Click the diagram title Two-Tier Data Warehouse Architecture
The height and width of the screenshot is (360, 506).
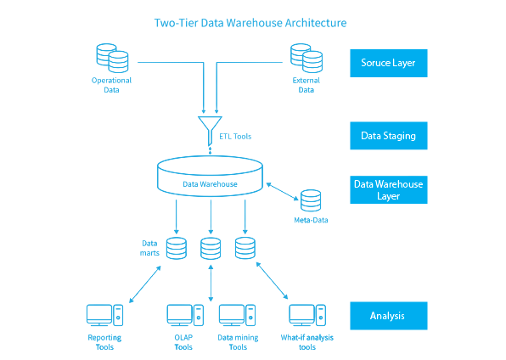[x=250, y=23]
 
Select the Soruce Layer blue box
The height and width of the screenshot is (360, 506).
[x=389, y=64]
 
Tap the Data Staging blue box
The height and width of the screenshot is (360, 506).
[x=389, y=136]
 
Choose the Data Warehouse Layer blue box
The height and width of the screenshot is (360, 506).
[x=389, y=190]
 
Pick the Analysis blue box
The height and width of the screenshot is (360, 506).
[x=389, y=316]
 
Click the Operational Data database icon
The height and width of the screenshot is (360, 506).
[x=112, y=58]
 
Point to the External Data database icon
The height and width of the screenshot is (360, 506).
[x=306, y=58]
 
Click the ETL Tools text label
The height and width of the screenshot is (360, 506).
[x=235, y=137]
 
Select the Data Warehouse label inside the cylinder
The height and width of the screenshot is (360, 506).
[x=210, y=184]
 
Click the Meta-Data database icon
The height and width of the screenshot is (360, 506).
[x=311, y=200]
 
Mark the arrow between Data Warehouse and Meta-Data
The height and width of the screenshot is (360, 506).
[x=282, y=192]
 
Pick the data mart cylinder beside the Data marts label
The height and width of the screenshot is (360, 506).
[x=177, y=248]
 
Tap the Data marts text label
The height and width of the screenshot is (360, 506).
[x=149, y=248]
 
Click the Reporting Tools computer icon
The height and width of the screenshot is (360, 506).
[x=105, y=316]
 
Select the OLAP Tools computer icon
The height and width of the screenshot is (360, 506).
[x=185, y=316]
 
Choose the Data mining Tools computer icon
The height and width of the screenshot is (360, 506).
[x=237, y=316]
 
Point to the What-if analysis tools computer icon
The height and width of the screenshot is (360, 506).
[x=307, y=316]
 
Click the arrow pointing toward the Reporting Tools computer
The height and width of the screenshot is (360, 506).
[x=145, y=284]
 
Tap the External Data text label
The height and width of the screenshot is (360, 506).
[x=306, y=85]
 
